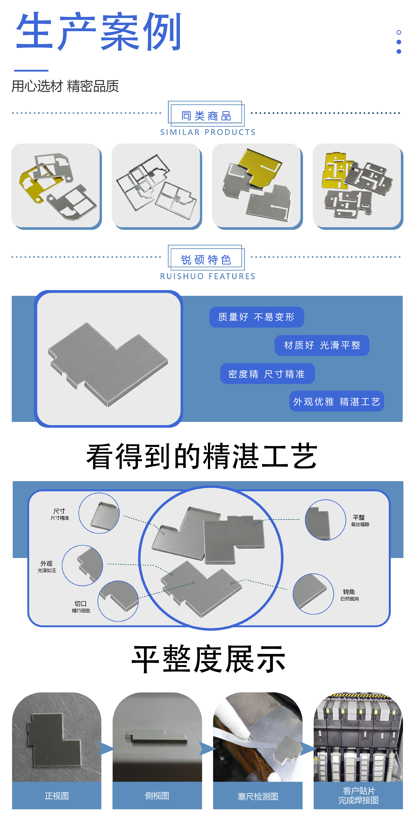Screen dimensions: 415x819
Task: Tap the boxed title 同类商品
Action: tap(206, 116)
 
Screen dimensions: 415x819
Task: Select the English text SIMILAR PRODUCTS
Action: tap(208, 132)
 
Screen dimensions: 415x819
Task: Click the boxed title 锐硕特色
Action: tap(206, 260)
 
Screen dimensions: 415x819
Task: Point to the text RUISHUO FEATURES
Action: tap(208, 276)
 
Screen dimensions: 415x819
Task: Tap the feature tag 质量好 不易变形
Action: tap(256, 317)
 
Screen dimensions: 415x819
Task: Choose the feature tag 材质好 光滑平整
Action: tap(322, 345)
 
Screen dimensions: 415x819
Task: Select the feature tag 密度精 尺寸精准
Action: tap(267, 374)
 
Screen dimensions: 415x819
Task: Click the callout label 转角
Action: tap(349, 592)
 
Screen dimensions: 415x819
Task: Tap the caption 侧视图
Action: tap(157, 796)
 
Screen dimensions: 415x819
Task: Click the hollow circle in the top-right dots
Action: tap(399, 32)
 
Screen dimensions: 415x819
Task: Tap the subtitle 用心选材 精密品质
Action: tap(65, 86)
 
